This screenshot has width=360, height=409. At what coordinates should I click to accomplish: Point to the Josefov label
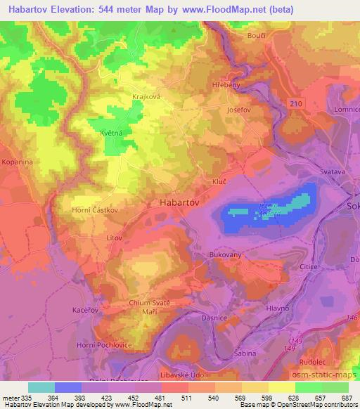[x=239, y=110]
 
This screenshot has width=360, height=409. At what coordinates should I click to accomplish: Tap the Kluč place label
[x=219, y=181]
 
